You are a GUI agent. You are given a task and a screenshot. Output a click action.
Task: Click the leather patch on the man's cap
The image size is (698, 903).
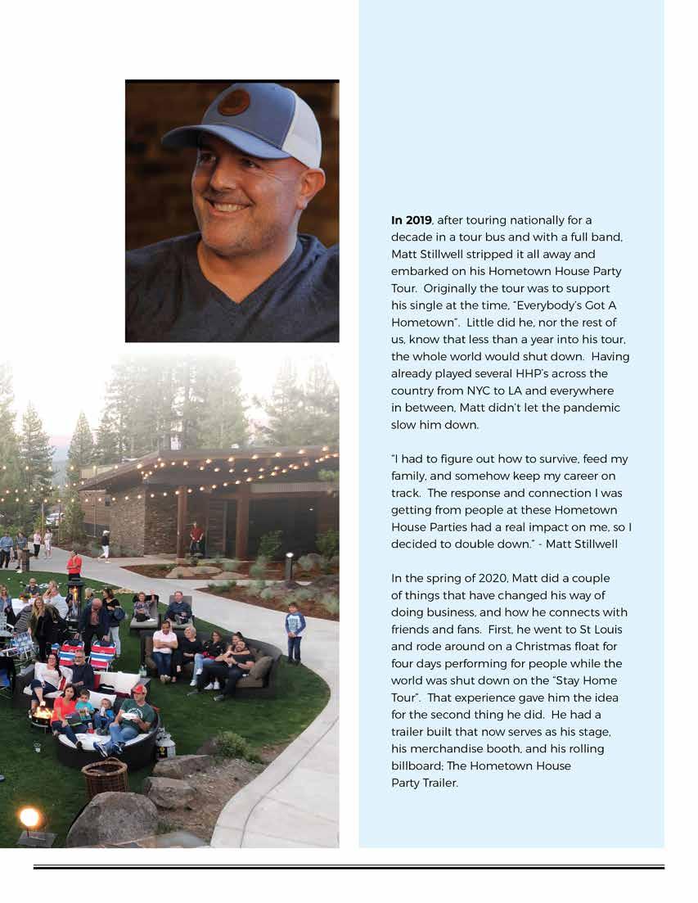point(233,102)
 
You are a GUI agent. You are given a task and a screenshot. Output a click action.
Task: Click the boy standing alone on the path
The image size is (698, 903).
point(295,631)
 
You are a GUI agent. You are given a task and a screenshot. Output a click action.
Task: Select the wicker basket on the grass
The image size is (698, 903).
point(105,777)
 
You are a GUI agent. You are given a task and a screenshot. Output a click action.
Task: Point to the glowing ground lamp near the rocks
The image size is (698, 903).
point(30,817)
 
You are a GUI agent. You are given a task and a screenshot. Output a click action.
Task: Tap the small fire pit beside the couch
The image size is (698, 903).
point(41,714)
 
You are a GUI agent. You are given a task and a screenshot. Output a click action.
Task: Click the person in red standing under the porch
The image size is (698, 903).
point(196,538)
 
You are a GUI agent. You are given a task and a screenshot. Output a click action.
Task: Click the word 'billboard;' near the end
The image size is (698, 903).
point(417,765)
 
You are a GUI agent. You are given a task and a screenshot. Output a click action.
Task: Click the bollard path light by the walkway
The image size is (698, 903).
point(289,566)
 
